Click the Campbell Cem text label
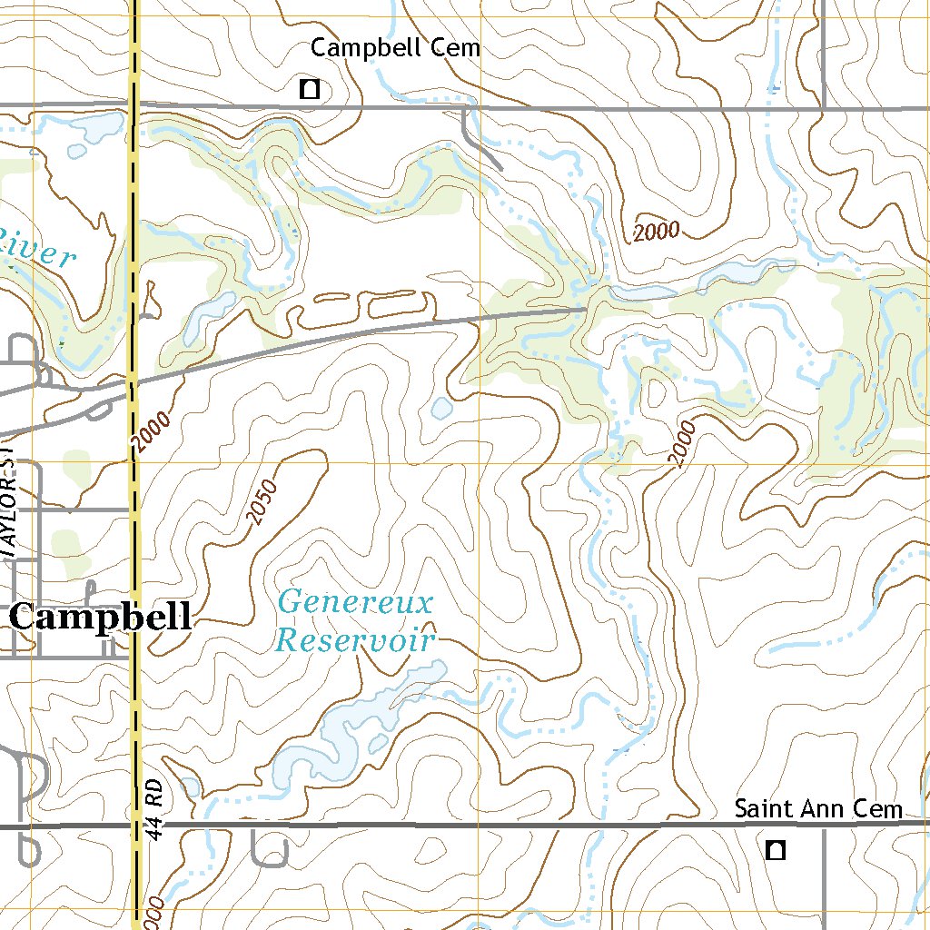click(395, 48)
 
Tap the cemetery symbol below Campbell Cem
click(310, 89)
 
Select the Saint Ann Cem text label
click(817, 808)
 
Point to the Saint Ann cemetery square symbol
click(775, 850)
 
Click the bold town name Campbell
click(101, 618)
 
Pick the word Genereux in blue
click(343, 602)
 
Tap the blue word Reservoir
click(355, 640)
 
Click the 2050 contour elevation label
click(262, 502)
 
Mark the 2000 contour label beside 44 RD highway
click(151, 430)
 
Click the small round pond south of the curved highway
click(441, 409)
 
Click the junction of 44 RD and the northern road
click(134, 107)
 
